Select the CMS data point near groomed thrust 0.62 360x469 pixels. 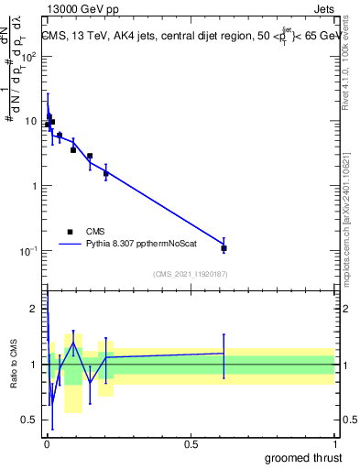(x=224, y=248)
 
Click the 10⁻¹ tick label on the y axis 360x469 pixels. (x=30, y=251)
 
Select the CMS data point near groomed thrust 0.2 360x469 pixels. (x=106, y=173)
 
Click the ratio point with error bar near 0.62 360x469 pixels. (x=224, y=353)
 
